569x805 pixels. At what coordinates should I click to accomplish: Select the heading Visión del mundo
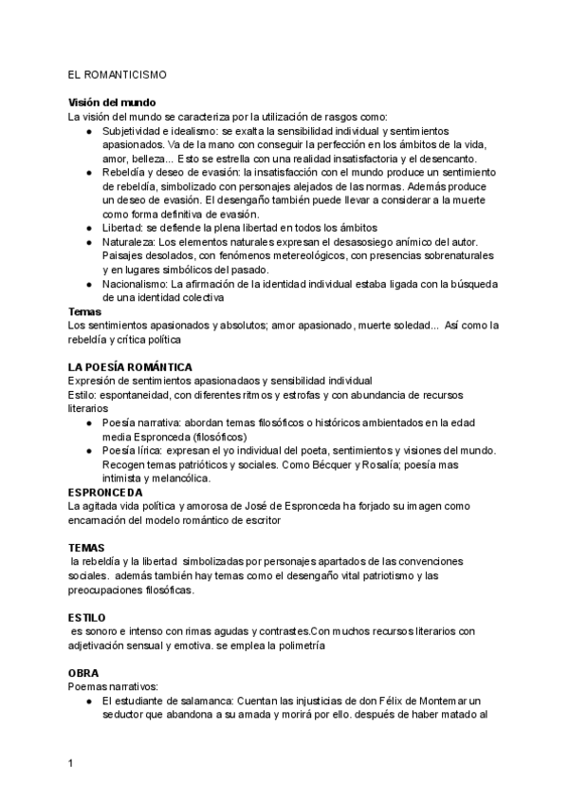(112, 103)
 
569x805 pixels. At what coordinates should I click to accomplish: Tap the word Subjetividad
(135, 130)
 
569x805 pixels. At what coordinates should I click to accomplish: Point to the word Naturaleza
(130, 242)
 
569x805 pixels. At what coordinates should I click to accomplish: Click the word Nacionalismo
(136, 283)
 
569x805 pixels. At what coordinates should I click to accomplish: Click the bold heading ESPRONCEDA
(105, 493)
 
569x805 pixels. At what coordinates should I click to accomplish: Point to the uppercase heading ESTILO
(87, 617)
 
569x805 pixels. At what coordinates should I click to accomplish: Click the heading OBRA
(83, 673)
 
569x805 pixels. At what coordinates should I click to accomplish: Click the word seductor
(129, 715)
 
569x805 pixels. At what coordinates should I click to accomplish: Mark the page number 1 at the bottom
(70, 762)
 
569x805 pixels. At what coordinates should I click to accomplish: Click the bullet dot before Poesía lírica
(89, 450)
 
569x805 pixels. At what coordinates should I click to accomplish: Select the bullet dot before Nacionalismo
(89, 283)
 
